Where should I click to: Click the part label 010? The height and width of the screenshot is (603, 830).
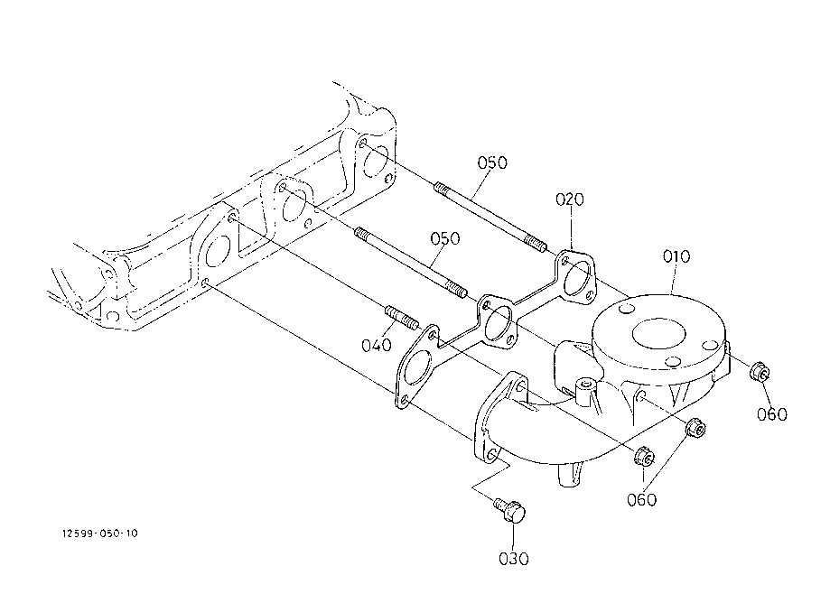[676, 256]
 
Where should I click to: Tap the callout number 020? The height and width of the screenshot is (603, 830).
[570, 199]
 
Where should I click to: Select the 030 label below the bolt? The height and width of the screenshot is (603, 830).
[514, 559]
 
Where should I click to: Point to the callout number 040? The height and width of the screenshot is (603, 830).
[377, 346]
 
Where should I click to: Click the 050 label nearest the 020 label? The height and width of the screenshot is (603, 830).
[492, 162]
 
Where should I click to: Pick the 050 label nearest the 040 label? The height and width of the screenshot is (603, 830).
[445, 238]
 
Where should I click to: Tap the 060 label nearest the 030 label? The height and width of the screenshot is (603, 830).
[641, 500]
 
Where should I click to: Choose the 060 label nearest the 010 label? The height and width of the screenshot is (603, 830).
[772, 414]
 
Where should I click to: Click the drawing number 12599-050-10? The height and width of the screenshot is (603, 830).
[100, 533]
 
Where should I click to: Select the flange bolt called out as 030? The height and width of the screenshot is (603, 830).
[509, 510]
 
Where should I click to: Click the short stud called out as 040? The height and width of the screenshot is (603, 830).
[402, 318]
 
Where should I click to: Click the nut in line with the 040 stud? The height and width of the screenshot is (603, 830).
[644, 457]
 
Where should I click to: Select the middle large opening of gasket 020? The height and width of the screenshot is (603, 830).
[498, 324]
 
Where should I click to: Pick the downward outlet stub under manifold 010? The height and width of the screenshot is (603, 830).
[571, 475]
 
